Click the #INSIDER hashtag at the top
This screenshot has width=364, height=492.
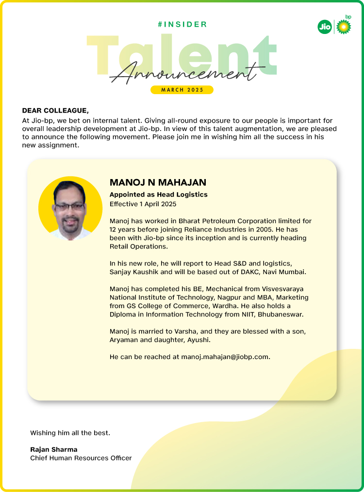(182, 24)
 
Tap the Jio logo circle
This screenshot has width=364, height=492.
(324, 27)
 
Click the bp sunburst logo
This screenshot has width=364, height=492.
(344, 27)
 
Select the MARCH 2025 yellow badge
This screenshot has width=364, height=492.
(182, 90)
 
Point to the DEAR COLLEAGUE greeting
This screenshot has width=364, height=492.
(55, 111)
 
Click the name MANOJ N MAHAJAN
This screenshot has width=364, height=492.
(158, 182)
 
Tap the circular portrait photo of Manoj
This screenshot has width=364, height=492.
(70, 208)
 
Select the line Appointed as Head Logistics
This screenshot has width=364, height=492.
(158, 195)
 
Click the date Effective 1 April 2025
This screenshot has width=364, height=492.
(143, 204)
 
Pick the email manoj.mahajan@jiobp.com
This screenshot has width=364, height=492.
(225, 357)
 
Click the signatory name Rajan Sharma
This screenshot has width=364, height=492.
(54, 449)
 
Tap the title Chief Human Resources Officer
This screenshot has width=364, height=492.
(81, 458)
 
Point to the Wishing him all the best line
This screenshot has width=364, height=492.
(70, 432)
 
